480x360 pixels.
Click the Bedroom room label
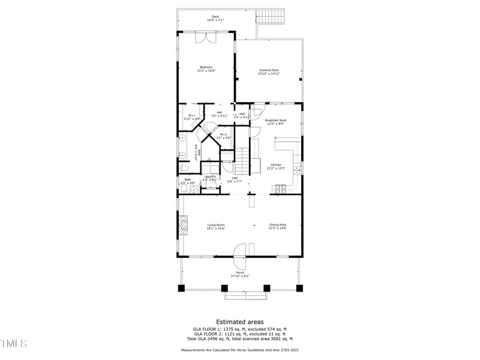click(x=206, y=67)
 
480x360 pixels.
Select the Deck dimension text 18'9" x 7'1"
click(x=215, y=20)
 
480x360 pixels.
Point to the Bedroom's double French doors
click(x=206, y=38)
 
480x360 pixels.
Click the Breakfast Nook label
click(x=275, y=120)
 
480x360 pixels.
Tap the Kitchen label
click(x=275, y=165)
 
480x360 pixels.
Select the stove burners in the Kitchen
click(x=280, y=190)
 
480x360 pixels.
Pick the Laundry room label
click(x=209, y=176)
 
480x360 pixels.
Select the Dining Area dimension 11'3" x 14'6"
click(x=277, y=229)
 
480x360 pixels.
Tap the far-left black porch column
click(x=182, y=288)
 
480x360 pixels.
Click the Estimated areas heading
click(x=239, y=322)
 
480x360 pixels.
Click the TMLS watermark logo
click(x=13, y=343)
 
